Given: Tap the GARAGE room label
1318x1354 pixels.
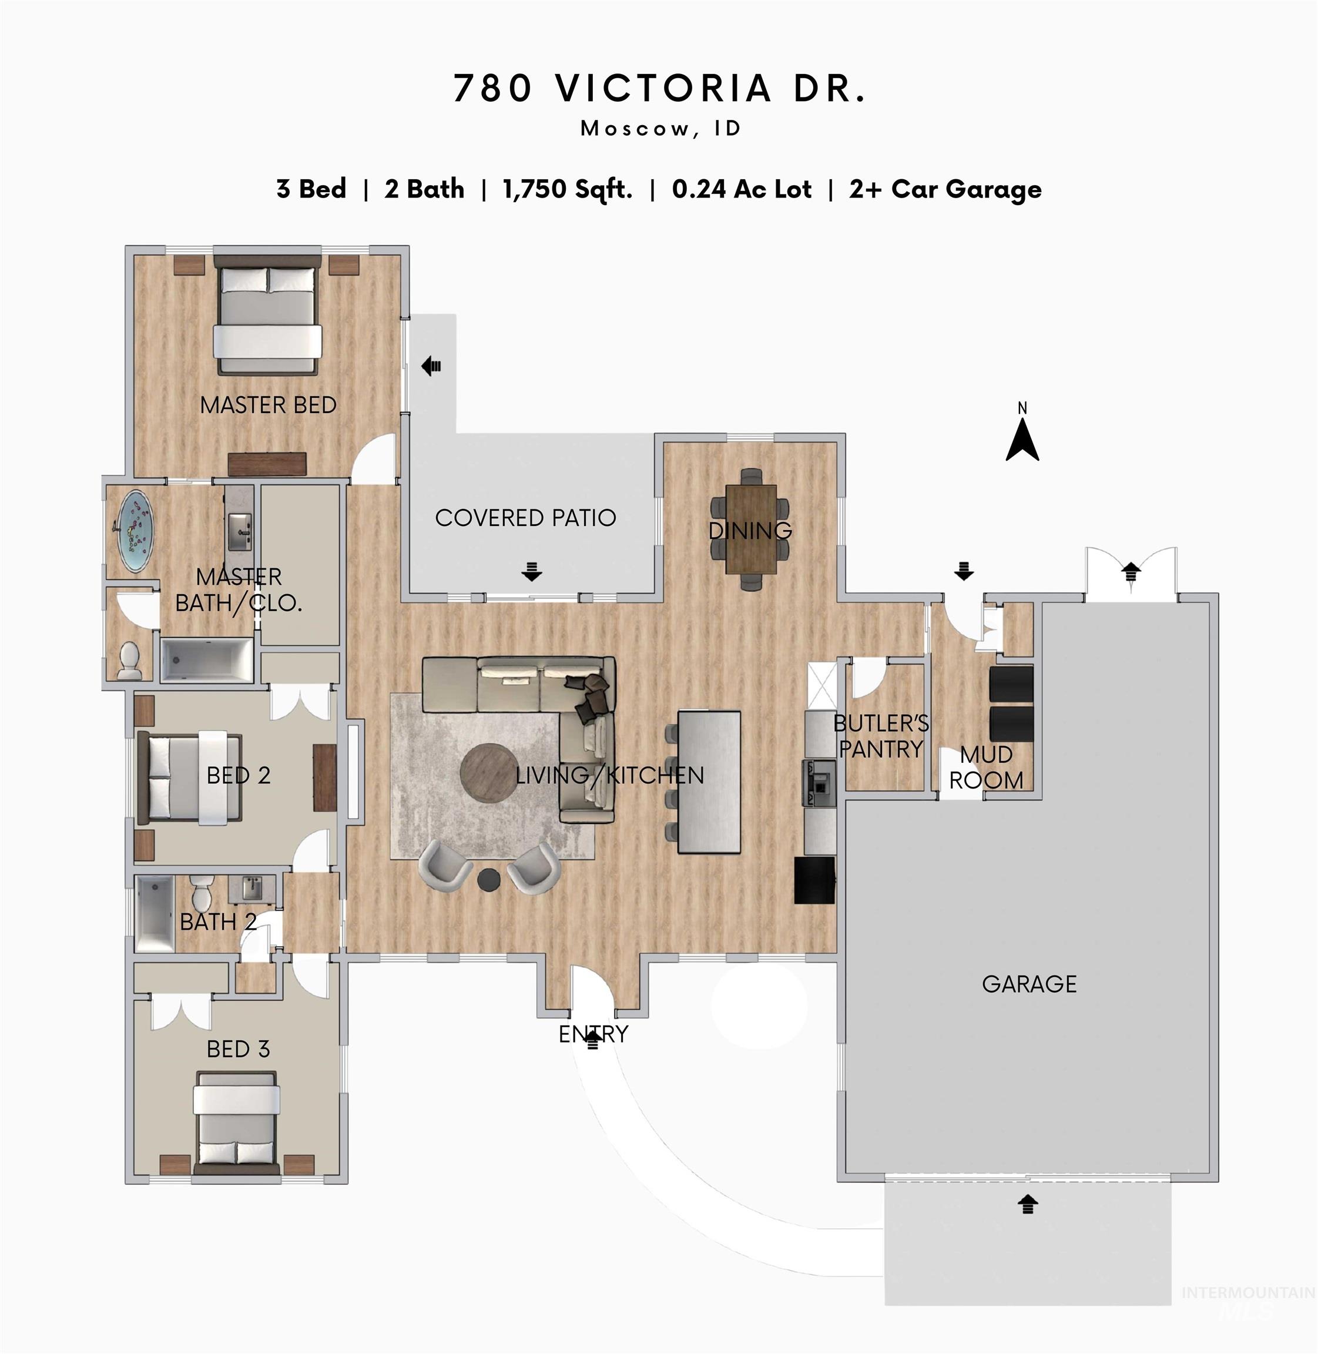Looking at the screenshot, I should point(1029,984).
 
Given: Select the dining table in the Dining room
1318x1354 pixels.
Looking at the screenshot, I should point(751,529).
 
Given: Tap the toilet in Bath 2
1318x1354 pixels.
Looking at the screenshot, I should point(202,893).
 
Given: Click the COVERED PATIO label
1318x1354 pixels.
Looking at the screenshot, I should point(525,518).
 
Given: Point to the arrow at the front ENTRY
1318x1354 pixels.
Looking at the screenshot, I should point(592,1040).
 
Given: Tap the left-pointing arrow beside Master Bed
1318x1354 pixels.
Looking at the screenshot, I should point(431,365).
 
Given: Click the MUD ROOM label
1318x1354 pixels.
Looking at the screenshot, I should point(986,767).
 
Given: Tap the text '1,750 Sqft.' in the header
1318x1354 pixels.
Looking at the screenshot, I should point(567,189).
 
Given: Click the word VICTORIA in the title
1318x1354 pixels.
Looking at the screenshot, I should point(663,89).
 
